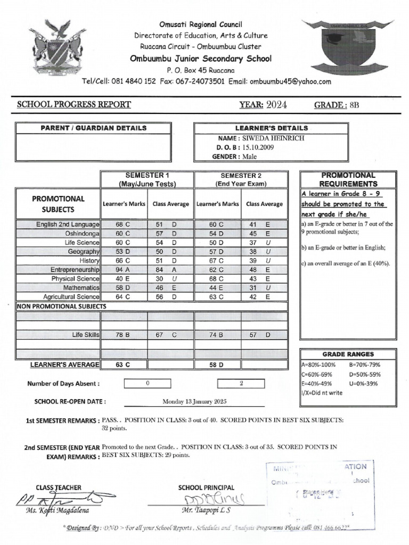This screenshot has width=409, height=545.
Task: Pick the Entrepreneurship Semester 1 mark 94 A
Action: [x=123, y=270]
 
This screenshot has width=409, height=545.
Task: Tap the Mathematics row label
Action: [x=81, y=287]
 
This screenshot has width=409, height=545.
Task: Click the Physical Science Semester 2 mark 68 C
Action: [x=217, y=278]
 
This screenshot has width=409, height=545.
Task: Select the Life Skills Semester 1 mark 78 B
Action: [x=123, y=334]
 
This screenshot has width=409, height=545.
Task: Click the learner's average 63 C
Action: [x=123, y=365]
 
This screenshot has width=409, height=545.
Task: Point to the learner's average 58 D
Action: [x=217, y=365]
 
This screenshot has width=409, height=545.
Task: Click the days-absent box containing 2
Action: [x=241, y=383]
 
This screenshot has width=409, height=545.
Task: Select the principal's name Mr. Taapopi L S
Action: [x=203, y=510]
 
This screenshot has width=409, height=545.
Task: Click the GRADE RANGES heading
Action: [x=348, y=354]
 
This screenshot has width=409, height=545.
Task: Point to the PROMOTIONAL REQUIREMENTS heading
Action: [x=348, y=179]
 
